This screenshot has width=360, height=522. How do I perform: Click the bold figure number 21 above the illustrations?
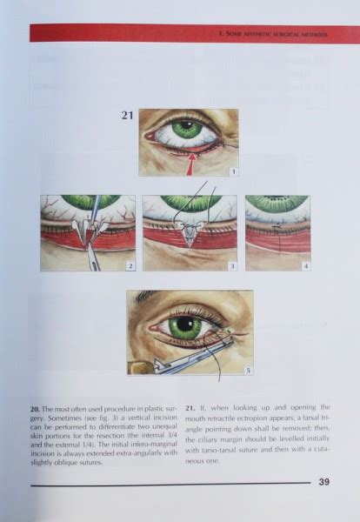click(126, 115)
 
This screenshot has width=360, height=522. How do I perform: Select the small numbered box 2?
click(130, 264)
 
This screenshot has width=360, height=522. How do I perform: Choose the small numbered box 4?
click(305, 264)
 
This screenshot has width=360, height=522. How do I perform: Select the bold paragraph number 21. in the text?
click(190, 406)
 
